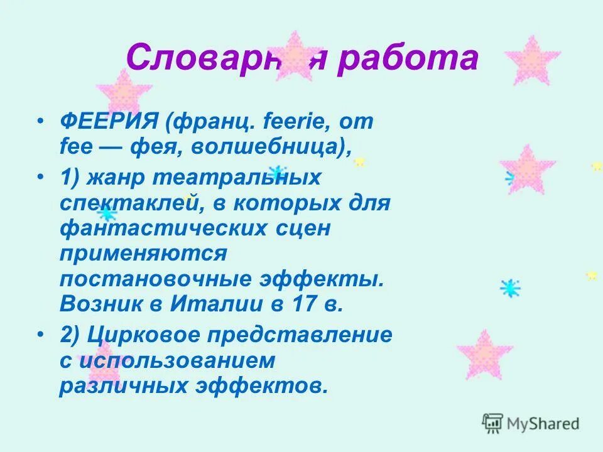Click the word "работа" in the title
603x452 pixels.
coord(408,58)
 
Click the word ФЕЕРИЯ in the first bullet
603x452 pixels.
coord(110,122)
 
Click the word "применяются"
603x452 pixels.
coord(143,254)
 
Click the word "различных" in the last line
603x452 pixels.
coord(128,385)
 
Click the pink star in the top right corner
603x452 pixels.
coord(532,60)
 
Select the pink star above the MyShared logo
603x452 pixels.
coord(484,355)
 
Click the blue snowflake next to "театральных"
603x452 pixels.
coord(276,172)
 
